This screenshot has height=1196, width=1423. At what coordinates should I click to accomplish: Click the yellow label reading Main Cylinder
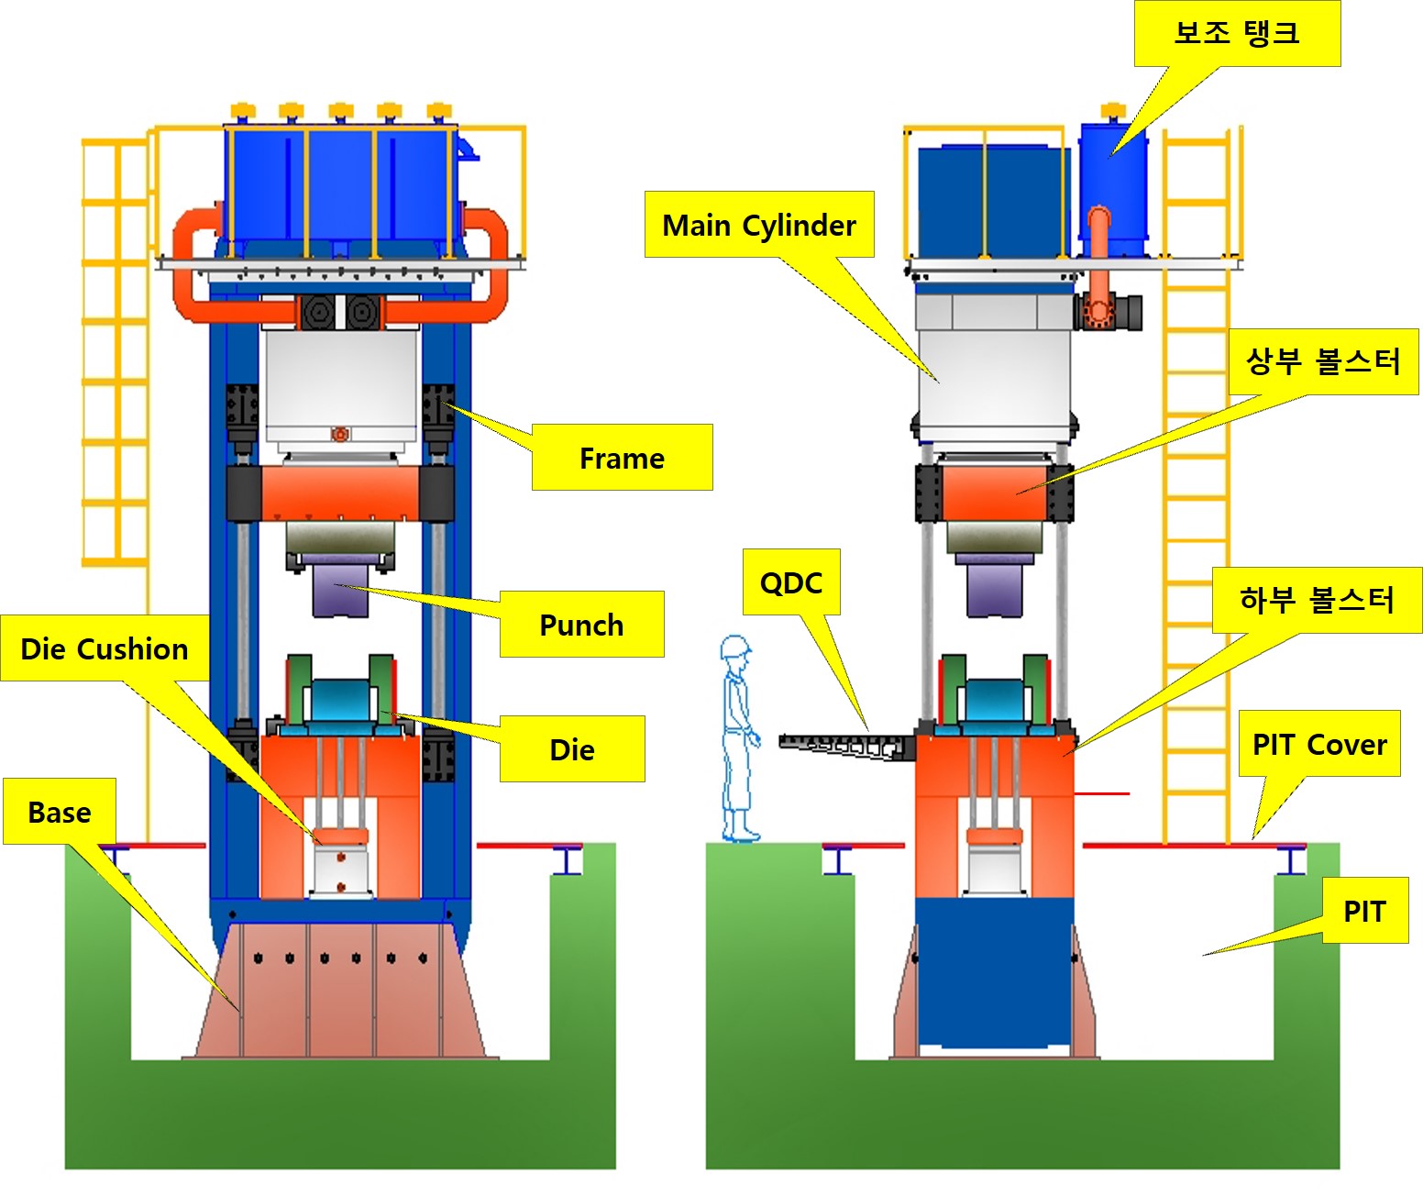759,225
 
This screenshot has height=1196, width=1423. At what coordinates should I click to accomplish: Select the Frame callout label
622,458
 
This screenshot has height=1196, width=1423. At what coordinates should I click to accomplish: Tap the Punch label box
581,625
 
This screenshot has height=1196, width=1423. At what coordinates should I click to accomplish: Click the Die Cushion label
105,648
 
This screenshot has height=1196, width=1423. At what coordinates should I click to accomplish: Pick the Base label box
60,812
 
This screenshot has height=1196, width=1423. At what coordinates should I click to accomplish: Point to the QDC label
791,582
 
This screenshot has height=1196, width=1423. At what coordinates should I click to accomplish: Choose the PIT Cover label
1319,744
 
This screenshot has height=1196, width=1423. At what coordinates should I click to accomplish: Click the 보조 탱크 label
1237,33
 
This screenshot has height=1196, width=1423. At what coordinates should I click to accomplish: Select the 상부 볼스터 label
1323,361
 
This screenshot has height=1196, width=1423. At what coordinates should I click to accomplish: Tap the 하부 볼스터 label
1317,600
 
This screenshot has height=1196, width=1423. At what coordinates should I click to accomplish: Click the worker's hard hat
735,647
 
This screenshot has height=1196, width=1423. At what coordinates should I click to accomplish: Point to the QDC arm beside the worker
844,745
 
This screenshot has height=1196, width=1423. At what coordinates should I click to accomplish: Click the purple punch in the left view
340,591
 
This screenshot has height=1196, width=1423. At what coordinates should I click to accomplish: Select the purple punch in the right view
995,589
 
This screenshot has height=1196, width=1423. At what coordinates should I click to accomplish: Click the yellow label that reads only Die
572,749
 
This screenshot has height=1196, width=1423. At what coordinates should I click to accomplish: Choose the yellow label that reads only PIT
1364,911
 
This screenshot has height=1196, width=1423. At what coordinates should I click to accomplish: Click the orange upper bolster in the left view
340,493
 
